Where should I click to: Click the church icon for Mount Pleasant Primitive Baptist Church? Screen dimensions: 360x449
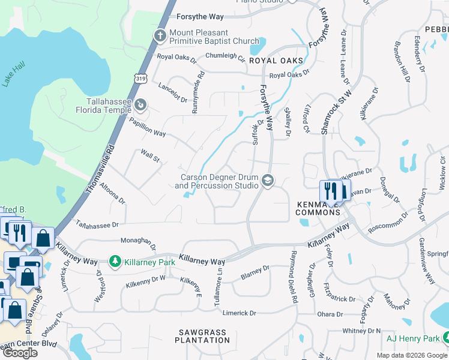(x=160, y=35)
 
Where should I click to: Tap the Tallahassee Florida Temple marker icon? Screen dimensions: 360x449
(x=140, y=106)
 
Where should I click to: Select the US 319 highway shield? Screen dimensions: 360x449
(x=140, y=77)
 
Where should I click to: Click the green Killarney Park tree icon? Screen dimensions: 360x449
(x=115, y=262)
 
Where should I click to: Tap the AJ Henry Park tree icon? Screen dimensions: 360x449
(x=445, y=338)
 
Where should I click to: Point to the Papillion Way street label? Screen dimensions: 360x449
(x=147, y=127)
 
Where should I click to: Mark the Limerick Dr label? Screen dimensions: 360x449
(x=240, y=313)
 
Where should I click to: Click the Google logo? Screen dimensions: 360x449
(x=20, y=353)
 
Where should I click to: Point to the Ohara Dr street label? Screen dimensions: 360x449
(x=330, y=314)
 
